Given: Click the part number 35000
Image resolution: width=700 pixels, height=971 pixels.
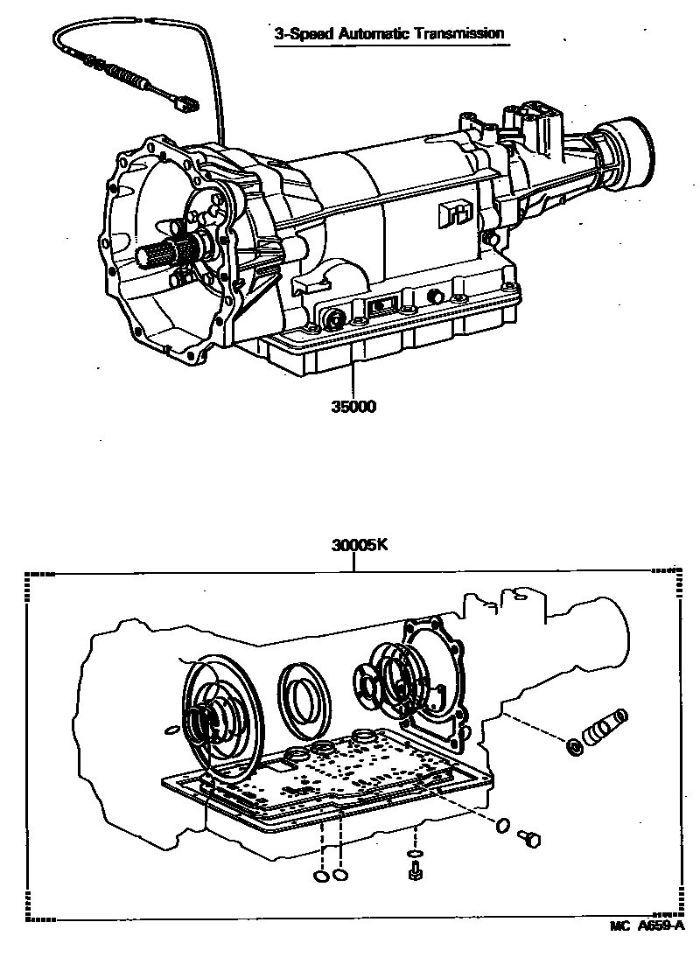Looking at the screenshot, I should [x=353, y=407].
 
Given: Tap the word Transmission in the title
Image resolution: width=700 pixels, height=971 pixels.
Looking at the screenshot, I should [x=460, y=34].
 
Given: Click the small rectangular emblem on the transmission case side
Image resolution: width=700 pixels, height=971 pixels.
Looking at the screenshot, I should [x=454, y=213].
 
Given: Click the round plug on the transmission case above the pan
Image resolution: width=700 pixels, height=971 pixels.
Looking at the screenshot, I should [x=333, y=316].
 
